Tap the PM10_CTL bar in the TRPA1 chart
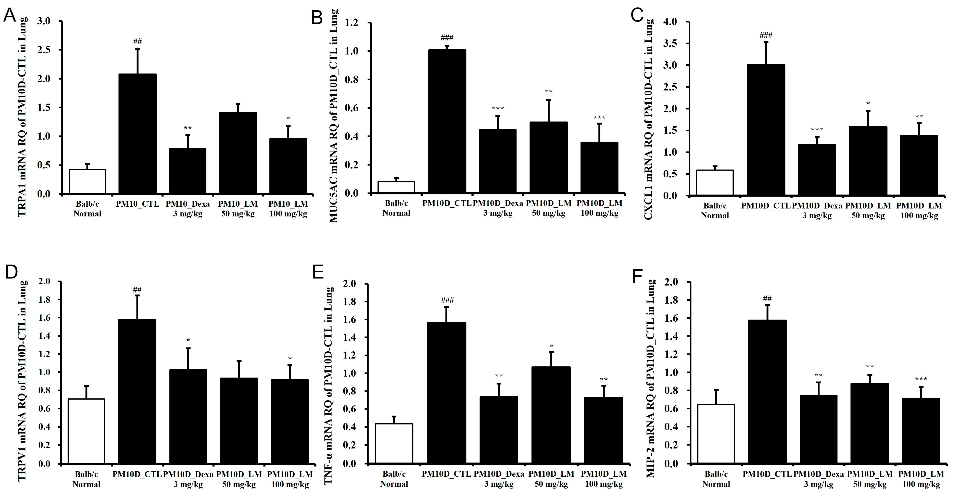pyautogui.click(x=137, y=134)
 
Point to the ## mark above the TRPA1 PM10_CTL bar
pyautogui.click(x=137, y=41)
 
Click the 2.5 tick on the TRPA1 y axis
pyautogui.click(x=44, y=50)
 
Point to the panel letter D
pyautogui.click(x=11, y=272)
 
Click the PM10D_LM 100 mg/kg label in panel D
pyautogui.click(x=290, y=479)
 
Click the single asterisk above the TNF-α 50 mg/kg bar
pyautogui.click(x=551, y=347)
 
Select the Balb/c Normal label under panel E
pyautogui.click(x=394, y=479)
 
